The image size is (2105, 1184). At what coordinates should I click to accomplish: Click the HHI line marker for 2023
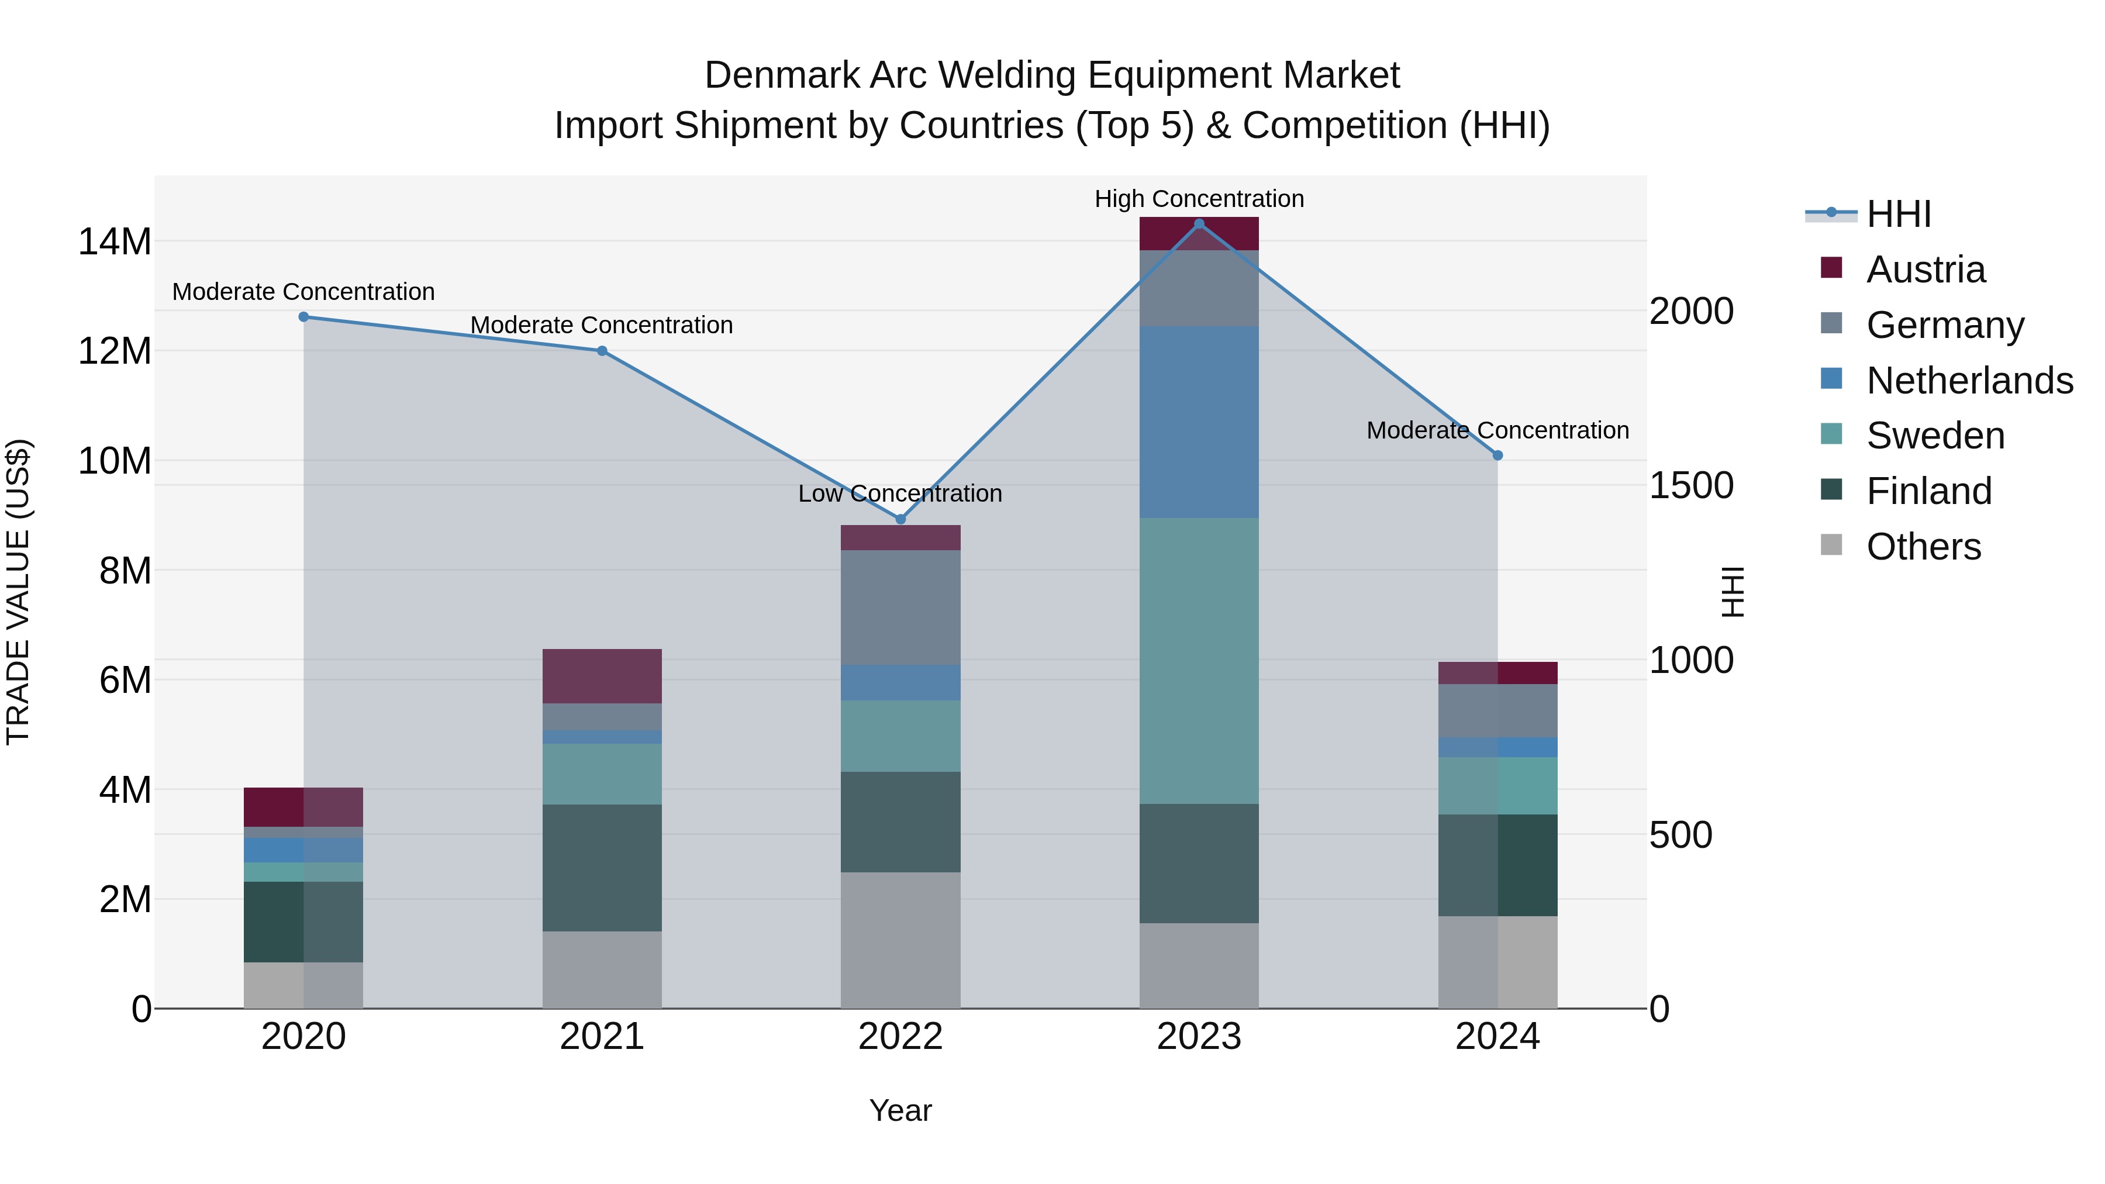pyautogui.click(x=1199, y=224)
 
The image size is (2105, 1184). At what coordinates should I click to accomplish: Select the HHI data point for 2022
pyautogui.click(x=900, y=519)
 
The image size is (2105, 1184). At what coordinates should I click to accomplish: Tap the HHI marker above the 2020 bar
pyautogui.click(x=303, y=317)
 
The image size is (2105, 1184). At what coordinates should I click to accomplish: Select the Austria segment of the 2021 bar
pyautogui.click(x=602, y=676)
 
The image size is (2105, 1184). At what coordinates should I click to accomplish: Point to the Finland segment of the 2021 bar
pyautogui.click(x=602, y=868)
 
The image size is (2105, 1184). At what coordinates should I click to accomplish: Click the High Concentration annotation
pyautogui.click(x=1199, y=199)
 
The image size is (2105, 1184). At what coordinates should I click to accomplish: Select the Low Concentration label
pyautogui.click(x=900, y=493)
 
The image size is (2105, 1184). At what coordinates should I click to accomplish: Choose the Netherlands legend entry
pyautogui.click(x=1969, y=381)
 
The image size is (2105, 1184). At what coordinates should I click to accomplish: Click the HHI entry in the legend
pyautogui.click(x=1898, y=214)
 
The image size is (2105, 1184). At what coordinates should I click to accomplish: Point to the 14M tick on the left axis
pyautogui.click(x=115, y=242)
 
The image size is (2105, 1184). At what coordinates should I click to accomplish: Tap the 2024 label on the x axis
pyautogui.click(x=1497, y=1037)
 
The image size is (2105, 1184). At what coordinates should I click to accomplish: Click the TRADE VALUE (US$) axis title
pyautogui.click(x=18, y=592)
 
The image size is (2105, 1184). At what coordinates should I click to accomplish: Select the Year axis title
pyautogui.click(x=900, y=1110)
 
